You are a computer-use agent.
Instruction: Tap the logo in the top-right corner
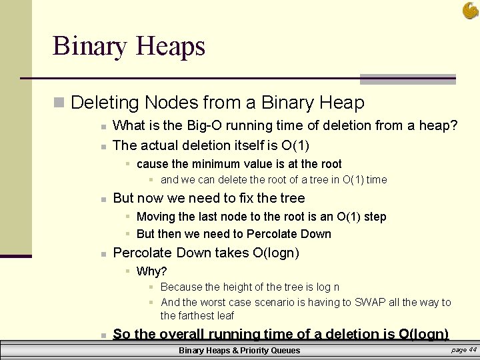pos(469,11)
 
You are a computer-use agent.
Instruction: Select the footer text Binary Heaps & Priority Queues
pos(239,351)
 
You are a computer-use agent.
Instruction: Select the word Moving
pos(155,217)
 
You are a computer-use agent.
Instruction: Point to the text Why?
pos(151,271)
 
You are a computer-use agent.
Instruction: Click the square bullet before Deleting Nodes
pos(59,103)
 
